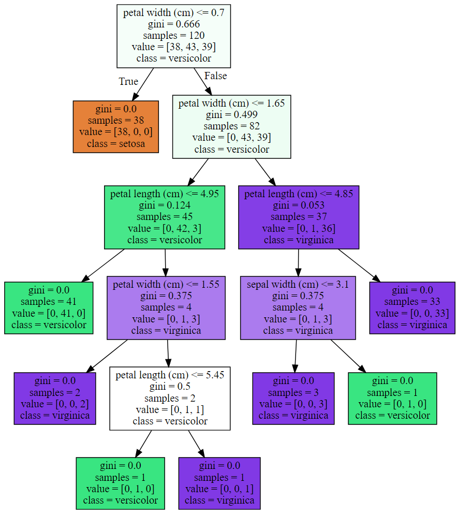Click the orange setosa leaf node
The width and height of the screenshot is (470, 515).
[x=115, y=127]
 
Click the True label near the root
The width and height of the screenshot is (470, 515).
[x=128, y=81]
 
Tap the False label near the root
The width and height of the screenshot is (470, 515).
[x=215, y=76]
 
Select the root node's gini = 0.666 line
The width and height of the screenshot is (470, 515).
[x=174, y=24]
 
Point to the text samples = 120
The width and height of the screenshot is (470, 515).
[x=174, y=36]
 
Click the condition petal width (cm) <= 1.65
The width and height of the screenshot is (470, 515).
[x=231, y=104]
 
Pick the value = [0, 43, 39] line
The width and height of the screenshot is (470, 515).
[x=231, y=138]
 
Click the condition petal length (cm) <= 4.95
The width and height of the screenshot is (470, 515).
[x=165, y=194]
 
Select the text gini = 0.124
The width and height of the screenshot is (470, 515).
[x=165, y=205]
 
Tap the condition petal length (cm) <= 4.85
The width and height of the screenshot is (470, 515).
[x=299, y=194]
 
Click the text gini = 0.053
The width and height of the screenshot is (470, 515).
[x=299, y=205]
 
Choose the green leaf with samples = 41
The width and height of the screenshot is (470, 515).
[x=49, y=308]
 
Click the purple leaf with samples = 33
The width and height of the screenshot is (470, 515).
[x=412, y=308]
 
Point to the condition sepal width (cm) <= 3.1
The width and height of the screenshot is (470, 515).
[x=298, y=285]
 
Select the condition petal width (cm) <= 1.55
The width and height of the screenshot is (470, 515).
[x=166, y=285]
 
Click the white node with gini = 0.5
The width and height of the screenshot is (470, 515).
[x=170, y=399]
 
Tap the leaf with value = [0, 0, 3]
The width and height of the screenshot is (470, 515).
[x=293, y=399]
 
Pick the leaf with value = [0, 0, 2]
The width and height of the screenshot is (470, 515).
[x=55, y=399]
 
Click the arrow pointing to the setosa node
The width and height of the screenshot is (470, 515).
[x=143, y=84]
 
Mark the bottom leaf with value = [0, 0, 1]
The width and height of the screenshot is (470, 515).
[x=219, y=483]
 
